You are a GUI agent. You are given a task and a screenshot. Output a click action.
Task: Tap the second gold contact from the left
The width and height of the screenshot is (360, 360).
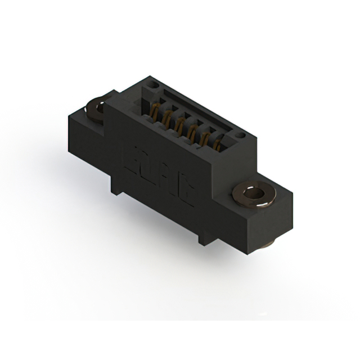(x=167, y=116)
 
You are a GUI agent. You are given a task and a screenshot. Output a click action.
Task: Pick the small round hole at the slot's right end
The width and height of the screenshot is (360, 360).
(x=240, y=135)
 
